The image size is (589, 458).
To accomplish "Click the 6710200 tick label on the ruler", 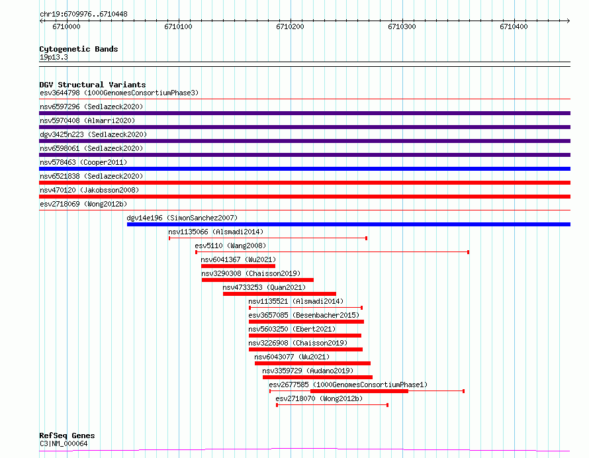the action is [x=290, y=26].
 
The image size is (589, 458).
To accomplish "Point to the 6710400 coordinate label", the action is [x=514, y=26].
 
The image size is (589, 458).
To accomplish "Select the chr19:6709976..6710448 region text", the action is [x=83, y=15].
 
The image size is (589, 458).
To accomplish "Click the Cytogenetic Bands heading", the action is [x=79, y=49].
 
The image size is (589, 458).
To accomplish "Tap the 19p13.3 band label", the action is [x=54, y=57].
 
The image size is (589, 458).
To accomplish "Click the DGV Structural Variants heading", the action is [x=93, y=85].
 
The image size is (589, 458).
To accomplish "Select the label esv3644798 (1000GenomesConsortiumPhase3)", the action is [x=119, y=93].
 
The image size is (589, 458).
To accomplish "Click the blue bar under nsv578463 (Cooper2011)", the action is [x=304, y=169].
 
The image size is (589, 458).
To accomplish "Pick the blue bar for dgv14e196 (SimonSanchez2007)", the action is [x=349, y=224].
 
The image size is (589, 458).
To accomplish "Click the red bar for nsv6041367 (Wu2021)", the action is [x=238, y=266].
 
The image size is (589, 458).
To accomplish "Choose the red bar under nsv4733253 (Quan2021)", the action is [x=279, y=294].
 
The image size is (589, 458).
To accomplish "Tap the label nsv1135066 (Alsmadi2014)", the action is [x=216, y=232].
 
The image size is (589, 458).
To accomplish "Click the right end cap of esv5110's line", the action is [x=468, y=252].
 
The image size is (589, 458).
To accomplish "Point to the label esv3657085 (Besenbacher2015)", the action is [x=304, y=315].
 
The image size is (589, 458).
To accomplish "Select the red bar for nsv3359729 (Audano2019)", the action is [x=318, y=377].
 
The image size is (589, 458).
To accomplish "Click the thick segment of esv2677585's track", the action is [x=359, y=391].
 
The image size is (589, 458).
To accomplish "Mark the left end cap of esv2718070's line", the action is [x=277, y=405].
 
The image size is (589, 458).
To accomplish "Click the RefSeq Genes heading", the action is [x=67, y=435].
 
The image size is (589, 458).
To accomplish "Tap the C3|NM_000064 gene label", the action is [x=64, y=443].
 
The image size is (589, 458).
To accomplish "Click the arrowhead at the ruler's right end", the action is [x=568, y=21].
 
